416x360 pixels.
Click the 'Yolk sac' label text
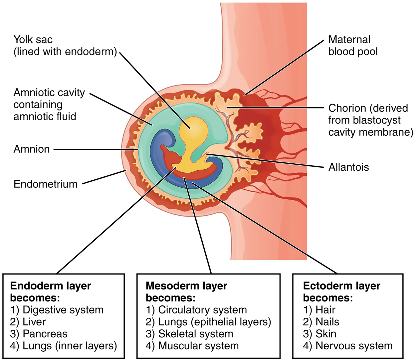pyautogui.click(x=33, y=40)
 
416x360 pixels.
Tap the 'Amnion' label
pyautogui.click(x=32, y=149)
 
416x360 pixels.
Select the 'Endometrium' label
pyautogui.click(x=45, y=184)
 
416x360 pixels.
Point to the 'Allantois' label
pyautogui.click(x=348, y=167)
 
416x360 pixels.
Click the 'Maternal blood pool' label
pyautogui.click(x=352, y=46)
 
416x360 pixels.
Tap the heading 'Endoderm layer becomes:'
pyautogui.click(x=50, y=291)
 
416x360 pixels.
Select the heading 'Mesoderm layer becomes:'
pyautogui.click(x=186, y=291)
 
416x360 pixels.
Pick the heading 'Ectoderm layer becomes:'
pyautogui.click(x=341, y=291)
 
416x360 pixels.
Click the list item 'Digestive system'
pyautogui.click(x=63, y=310)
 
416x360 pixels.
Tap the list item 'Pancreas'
pyautogui.click(x=45, y=334)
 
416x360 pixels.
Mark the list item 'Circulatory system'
pyautogui.click(x=202, y=310)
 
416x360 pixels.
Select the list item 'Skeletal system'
pyautogui.click(x=195, y=334)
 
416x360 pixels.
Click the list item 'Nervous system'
pyautogui.click(x=354, y=346)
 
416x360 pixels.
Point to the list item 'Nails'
pyautogui.click(x=327, y=322)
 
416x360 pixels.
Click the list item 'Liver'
pyautogui.click(x=34, y=322)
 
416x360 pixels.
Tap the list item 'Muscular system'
pyautogui.click(x=198, y=346)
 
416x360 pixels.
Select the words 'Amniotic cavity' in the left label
pyautogui.click(x=49, y=92)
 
